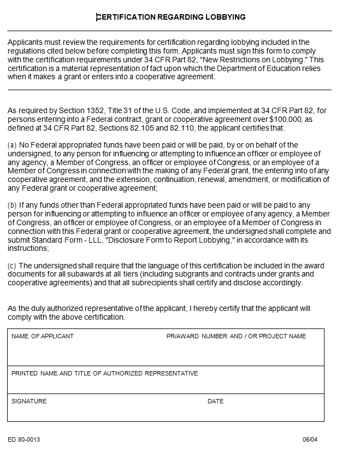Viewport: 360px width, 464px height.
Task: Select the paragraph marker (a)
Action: tap(12, 145)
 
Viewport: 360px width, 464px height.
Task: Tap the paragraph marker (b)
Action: tap(12, 205)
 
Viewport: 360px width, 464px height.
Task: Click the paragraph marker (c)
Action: tap(12, 266)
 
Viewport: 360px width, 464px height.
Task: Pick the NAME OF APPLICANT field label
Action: tap(43, 336)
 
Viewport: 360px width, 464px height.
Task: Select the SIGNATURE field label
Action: tap(29, 401)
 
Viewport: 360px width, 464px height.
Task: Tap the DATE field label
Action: tap(215, 401)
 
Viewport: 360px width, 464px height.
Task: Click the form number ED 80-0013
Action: tap(24, 439)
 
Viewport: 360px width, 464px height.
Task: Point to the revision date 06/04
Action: tap(310, 439)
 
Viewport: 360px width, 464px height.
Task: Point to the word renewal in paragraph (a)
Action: tap(216, 179)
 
